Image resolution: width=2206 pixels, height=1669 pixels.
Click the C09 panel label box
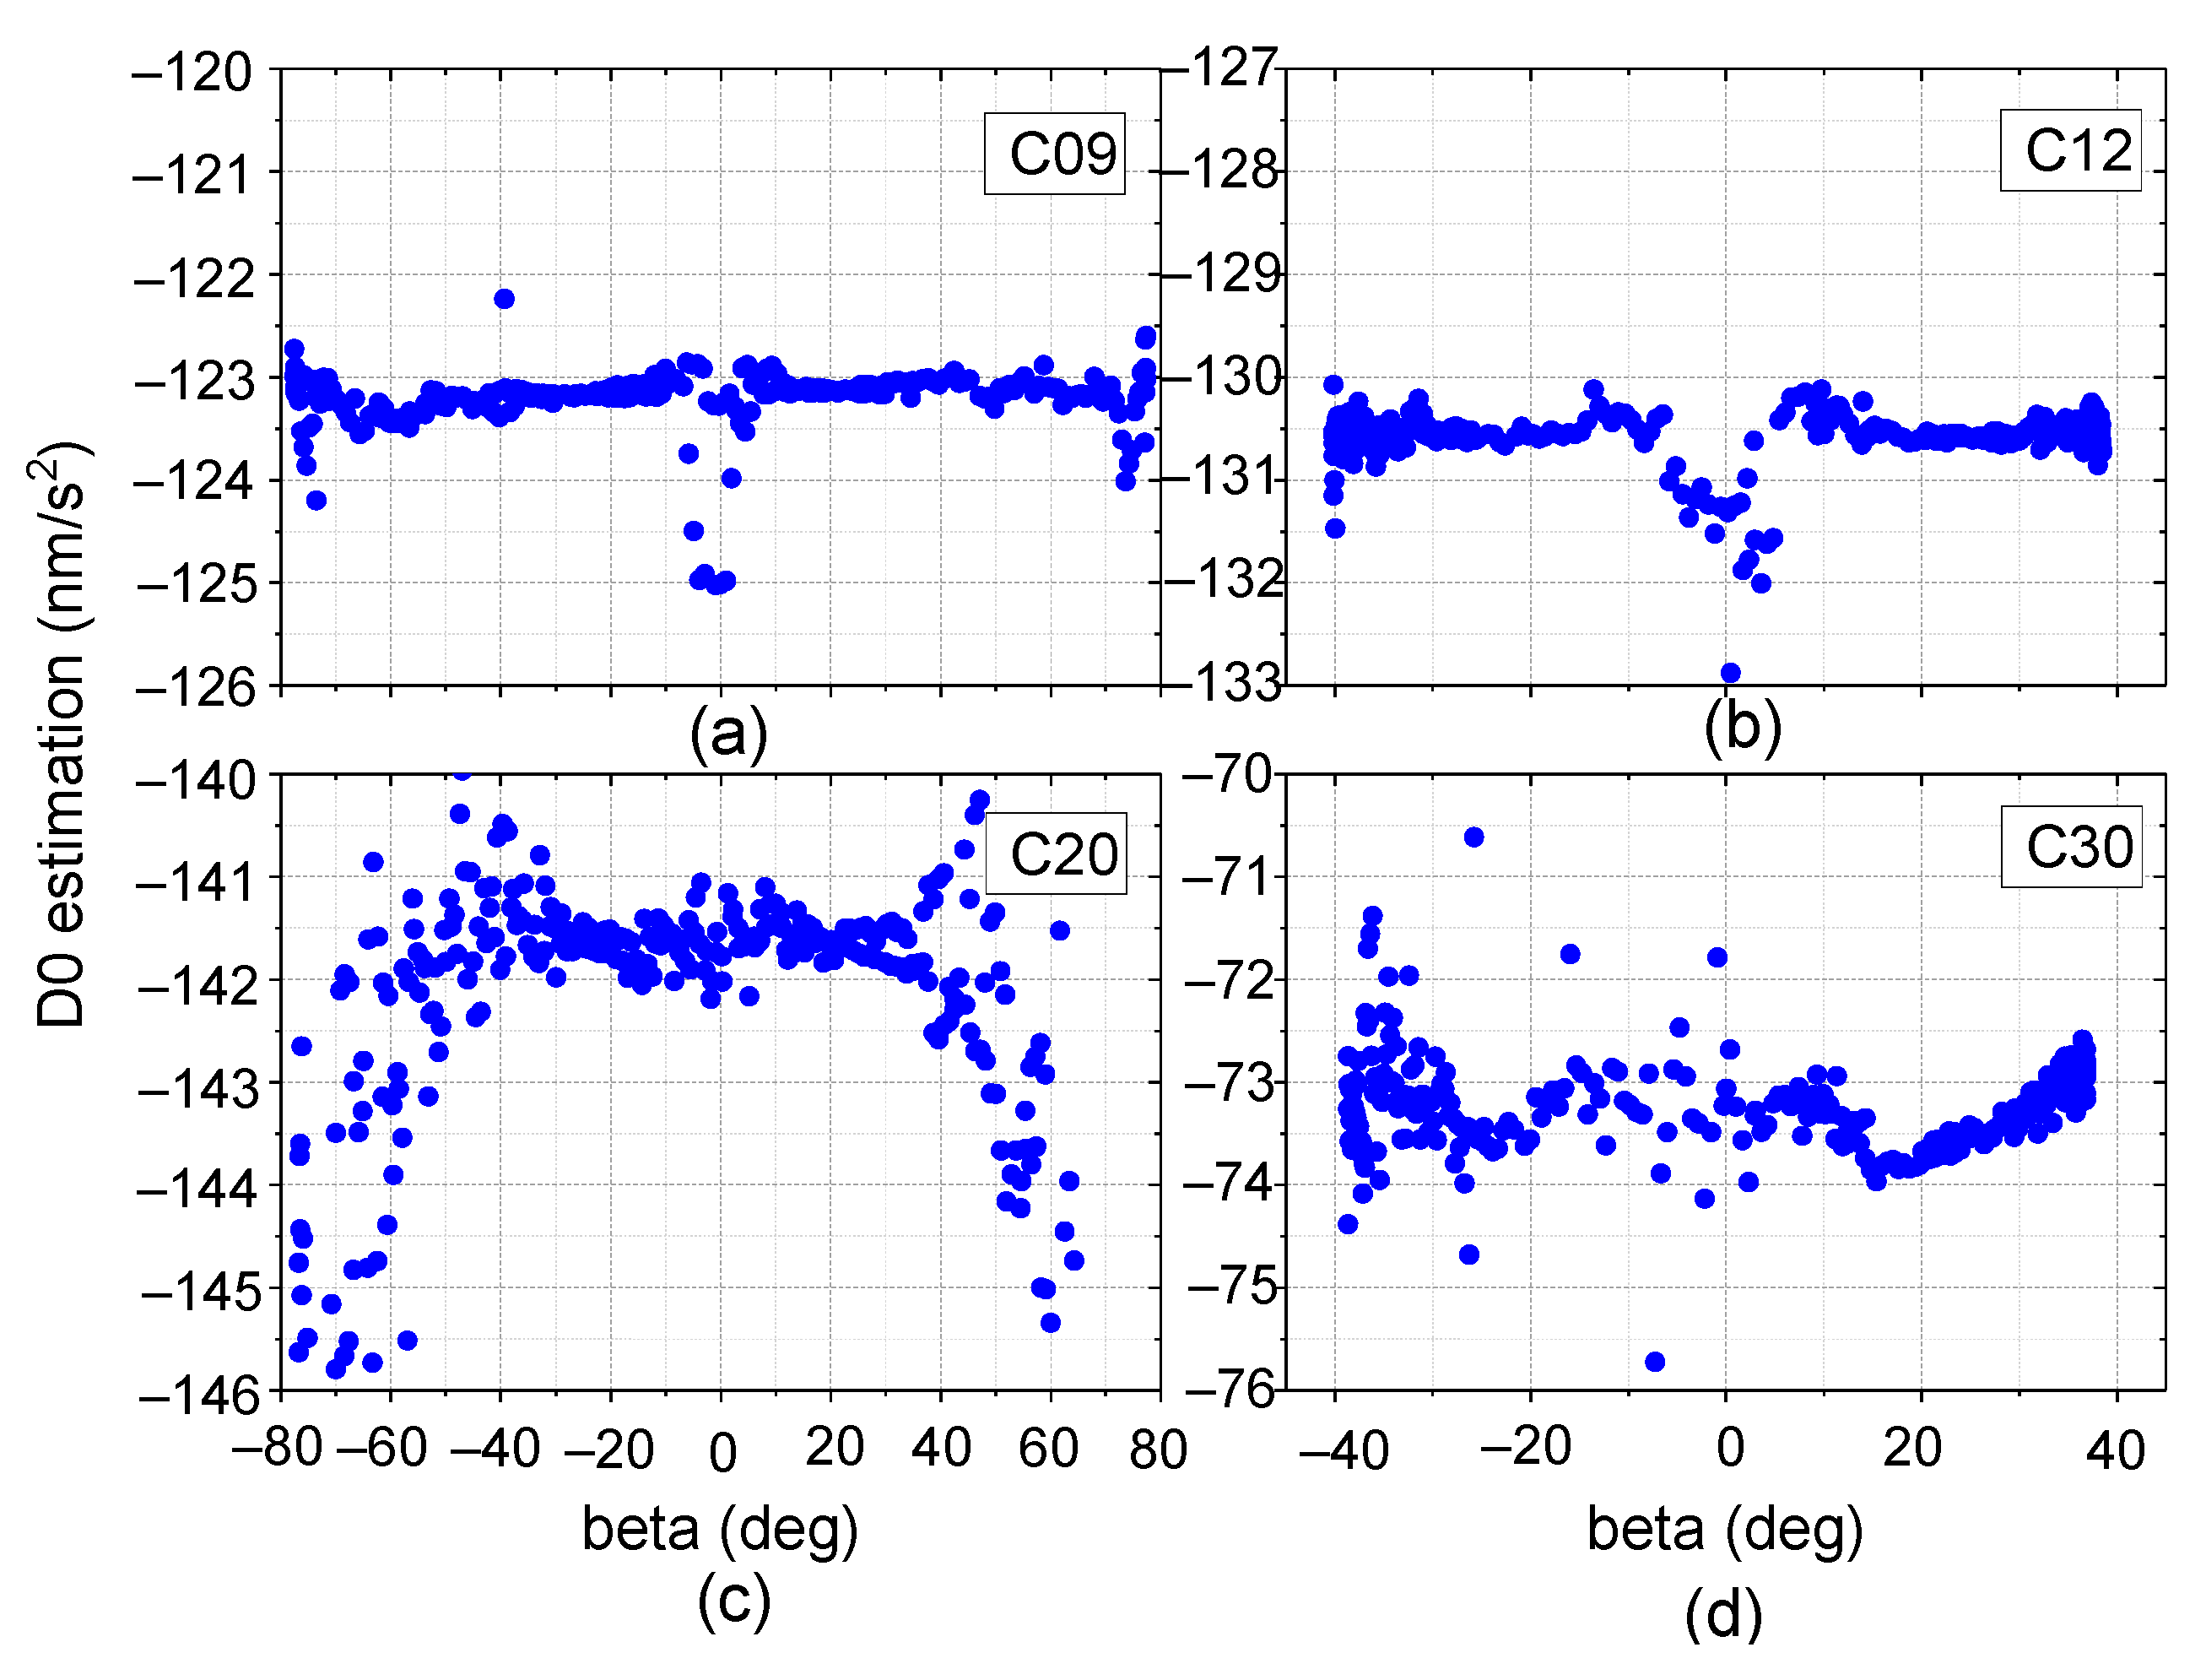tap(1054, 154)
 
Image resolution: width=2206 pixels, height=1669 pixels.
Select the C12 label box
tap(2070, 150)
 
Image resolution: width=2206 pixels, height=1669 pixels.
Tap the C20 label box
tap(1056, 854)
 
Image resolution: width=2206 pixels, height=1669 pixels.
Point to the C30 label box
tap(2071, 847)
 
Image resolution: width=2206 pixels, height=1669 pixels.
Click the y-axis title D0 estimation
tap(62, 734)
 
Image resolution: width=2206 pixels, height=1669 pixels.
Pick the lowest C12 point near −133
tap(1730, 672)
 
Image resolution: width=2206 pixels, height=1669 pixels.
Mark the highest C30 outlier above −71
tap(1473, 837)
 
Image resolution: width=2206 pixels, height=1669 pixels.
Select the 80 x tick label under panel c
tap(1158, 1450)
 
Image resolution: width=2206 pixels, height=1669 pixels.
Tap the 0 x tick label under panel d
tap(1730, 1448)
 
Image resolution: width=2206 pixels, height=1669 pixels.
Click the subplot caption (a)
tap(729, 734)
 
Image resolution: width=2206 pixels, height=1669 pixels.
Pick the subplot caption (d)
tap(1723, 1615)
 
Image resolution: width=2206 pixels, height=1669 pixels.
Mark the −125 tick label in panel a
tap(196, 583)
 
